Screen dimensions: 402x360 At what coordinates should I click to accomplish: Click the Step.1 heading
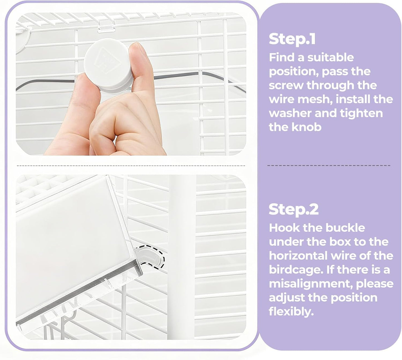pyautogui.click(x=292, y=39)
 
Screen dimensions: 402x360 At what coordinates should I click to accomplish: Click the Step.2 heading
pyautogui.click(x=294, y=209)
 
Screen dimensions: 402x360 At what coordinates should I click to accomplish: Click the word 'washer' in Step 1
pyautogui.click(x=290, y=113)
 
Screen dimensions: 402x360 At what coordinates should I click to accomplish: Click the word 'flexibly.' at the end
pyautogui.click(x=291, y=312)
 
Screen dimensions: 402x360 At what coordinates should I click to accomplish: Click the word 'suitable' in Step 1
pyautogui.click(x=331, y=58)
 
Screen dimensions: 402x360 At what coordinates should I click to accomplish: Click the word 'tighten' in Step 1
pyautogui.click(x=361, y=114)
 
